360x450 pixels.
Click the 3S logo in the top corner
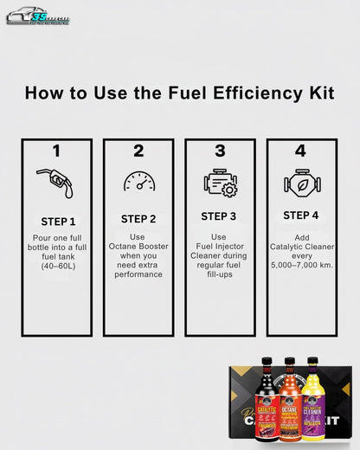click(38, 16)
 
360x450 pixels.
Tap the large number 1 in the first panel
click(56, 151)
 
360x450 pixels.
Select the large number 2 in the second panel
click(138, 151)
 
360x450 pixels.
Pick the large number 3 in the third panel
click(220, 151)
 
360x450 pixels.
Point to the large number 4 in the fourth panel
click(300, 151)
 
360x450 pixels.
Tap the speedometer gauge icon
click(138, 183)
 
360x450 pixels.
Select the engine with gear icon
click(220, 183)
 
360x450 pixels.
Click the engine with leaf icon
click(301, 183)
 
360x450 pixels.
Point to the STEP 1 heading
click(58, 221)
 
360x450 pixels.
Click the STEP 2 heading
click(138, 219)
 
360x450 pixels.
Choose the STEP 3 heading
click(220, 216)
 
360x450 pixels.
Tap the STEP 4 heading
click(301, 215)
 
